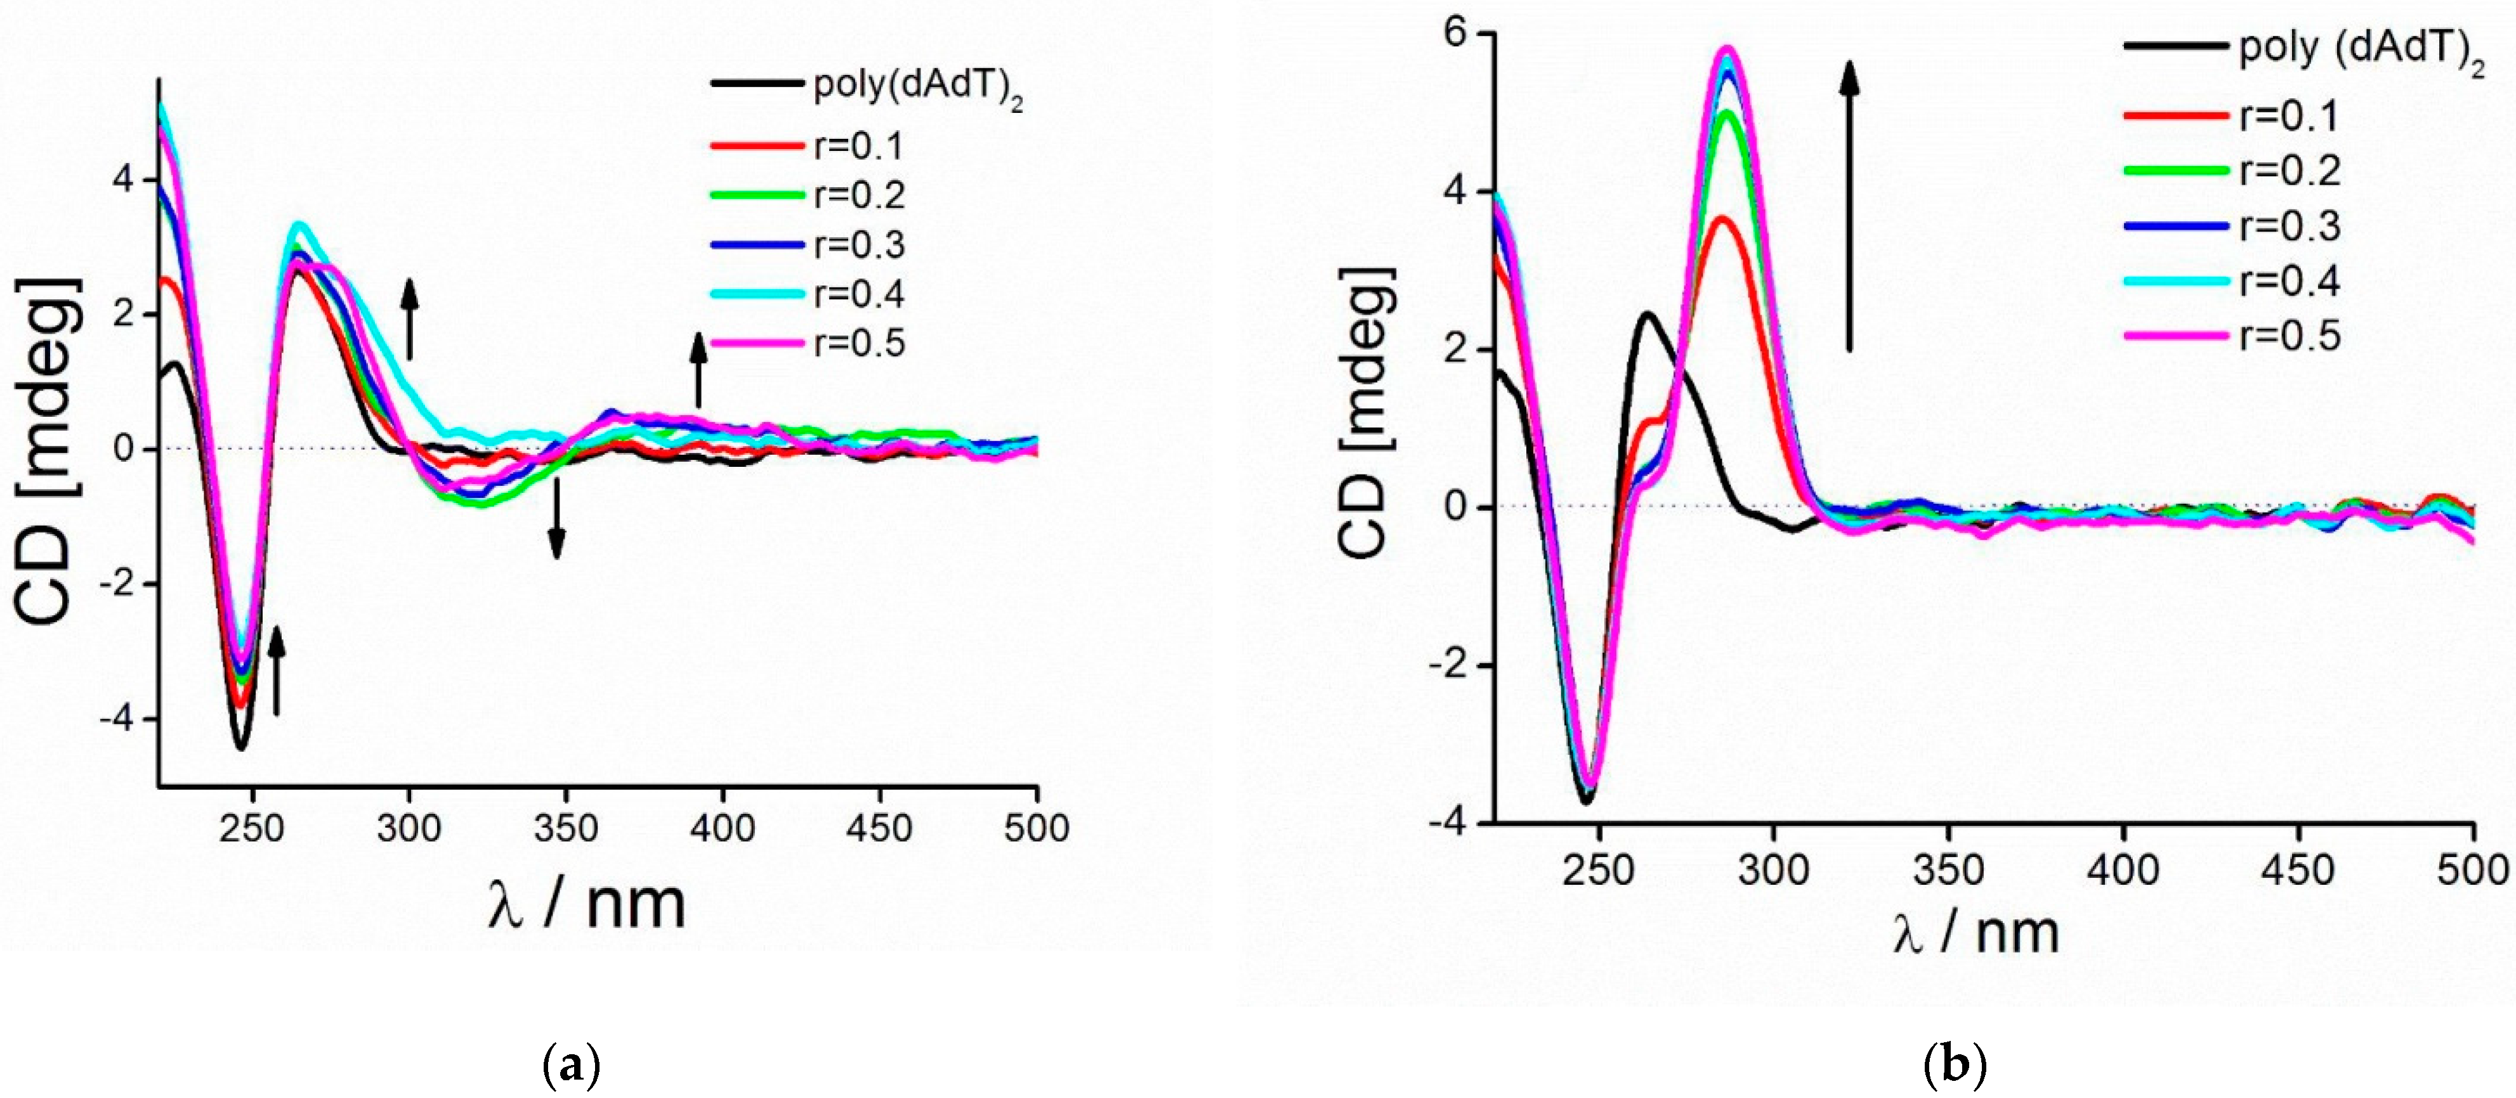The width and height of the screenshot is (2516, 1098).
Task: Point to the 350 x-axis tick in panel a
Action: (565, 828)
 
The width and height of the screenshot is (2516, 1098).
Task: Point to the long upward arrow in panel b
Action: (1849, 205)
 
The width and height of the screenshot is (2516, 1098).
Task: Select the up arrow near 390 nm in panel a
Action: (698, 369)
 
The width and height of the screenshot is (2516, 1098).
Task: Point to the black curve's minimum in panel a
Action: (241, 747)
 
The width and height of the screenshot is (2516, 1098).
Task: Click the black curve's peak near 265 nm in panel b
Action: (1648, 315)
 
